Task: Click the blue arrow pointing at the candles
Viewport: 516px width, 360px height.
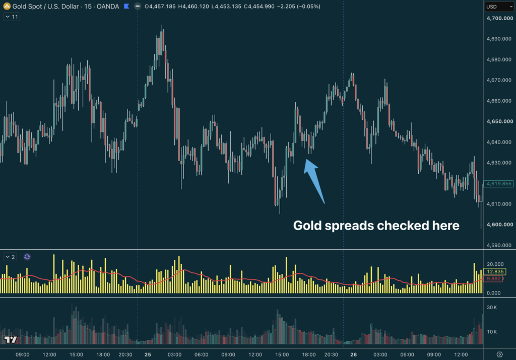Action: pyautogui.click(x=314, y=181)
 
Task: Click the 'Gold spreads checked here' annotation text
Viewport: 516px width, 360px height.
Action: pyautogui.click(x=376, y=226)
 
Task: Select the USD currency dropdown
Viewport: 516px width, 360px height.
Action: pyautogui.click(x=499, y=7)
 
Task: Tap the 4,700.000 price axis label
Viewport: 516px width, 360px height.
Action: pyautogui.click(x=499, y=18)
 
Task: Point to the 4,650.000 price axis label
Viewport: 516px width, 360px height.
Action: pyautogui.click(x=499, y=121)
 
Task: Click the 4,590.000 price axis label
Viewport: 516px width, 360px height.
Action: pyautogui.click(x=499, y=245)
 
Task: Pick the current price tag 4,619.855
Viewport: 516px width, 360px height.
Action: pyautogui.click(x=499, y=184)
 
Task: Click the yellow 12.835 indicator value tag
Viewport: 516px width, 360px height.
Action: pyautogui.click(x=495, y=271)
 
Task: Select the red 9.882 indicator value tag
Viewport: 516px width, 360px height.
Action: pyautogui.click(x=493, y=279)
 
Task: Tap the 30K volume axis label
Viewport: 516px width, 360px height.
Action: pyautogui.click(x=492, y=308)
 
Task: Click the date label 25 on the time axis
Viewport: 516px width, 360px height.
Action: pyautogui.click(x=148, y=354)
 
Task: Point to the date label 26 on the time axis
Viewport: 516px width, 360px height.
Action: pyautogui.click(x=353, y=354)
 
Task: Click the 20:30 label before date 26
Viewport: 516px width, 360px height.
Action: pyautogui.click(x=331, y=354)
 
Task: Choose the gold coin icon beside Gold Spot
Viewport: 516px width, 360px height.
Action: pyautogui.click(x=7, y=6)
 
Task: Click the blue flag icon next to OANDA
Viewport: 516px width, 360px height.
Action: pyautogui.click(x=126, y=6)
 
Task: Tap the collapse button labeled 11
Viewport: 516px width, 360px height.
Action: pyautogui.click(x=12, y=17)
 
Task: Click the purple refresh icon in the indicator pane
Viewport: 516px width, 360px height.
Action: pyautogui.click(x=27, y=257)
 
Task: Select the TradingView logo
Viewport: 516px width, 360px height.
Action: pyautogui.click(x=10, y=339)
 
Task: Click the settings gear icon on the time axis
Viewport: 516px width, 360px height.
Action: pyautogui.click(x=499, y=354)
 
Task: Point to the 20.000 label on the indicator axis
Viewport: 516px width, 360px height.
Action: pyautogui.click(x=495, y=264)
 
